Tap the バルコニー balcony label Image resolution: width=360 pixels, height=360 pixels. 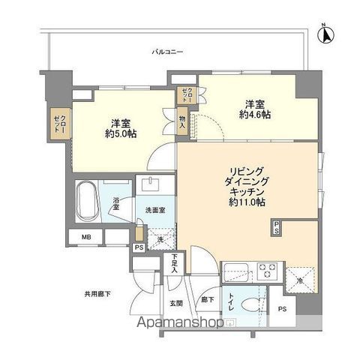(x=166, y=51)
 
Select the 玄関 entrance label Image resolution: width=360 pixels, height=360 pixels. (x=175, y=303)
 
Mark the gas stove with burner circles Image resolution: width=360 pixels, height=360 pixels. (x=267, y=268)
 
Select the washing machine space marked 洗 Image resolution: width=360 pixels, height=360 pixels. (x=159, y=240)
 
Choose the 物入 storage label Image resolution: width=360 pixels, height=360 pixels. (x=182, y=122)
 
